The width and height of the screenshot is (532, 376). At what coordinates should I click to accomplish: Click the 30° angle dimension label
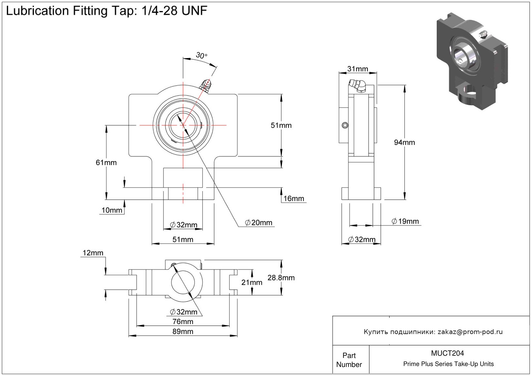201,56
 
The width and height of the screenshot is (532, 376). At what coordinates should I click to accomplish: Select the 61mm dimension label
106,163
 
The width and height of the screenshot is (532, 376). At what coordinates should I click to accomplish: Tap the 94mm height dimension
404,142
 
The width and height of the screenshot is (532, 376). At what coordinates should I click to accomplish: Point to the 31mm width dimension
358,69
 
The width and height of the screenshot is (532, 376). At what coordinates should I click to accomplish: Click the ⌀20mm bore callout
258,223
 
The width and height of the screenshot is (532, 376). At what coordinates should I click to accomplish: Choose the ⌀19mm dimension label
405,221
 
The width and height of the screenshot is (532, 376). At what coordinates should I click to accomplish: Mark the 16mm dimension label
294,198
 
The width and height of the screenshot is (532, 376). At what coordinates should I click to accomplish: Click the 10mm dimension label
112,210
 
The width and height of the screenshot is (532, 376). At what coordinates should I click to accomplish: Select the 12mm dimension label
93,253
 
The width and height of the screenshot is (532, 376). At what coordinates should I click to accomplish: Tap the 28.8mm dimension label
281,278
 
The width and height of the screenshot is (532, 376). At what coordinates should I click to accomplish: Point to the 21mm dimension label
252,283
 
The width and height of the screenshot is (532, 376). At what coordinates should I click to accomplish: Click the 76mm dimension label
183,322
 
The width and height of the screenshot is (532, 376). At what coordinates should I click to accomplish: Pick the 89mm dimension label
183,331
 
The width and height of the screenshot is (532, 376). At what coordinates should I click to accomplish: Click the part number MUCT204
447,353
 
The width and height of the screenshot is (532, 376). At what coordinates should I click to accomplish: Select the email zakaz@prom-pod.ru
470,332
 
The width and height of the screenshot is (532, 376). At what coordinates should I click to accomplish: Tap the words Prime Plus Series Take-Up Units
448,364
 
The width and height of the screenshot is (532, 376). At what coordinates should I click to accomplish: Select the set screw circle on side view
345,125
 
